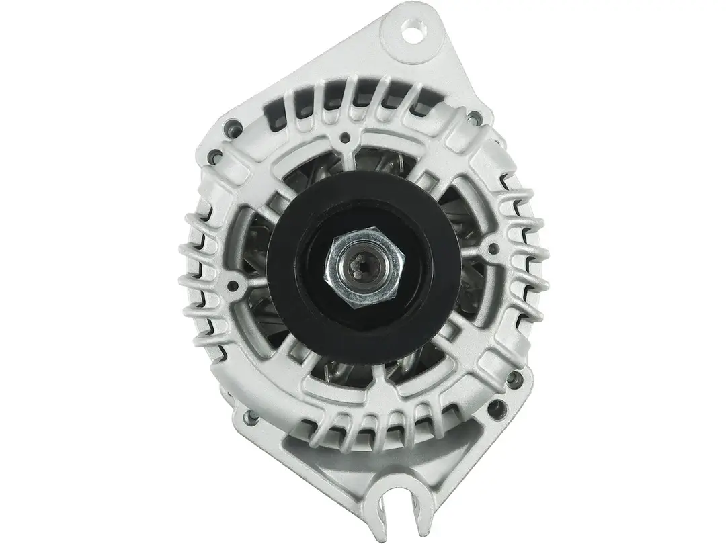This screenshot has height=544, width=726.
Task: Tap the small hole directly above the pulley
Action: pos(346,138)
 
